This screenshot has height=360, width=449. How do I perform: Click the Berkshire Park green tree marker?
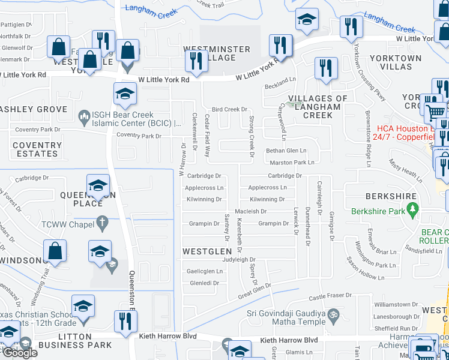[412, 211]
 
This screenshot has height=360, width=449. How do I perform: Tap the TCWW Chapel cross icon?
[103, 223]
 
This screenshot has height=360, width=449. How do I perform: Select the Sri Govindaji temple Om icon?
[334, 314]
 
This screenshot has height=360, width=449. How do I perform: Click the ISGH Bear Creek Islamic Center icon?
[83, 115]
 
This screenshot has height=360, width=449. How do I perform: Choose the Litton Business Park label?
[74, 341]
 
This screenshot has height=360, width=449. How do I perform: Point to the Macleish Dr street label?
[250, 211]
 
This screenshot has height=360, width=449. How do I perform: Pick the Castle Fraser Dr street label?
[330, 296]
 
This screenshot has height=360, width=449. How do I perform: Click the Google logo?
[19, 353]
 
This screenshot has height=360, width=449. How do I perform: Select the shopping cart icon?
[435, 112]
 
